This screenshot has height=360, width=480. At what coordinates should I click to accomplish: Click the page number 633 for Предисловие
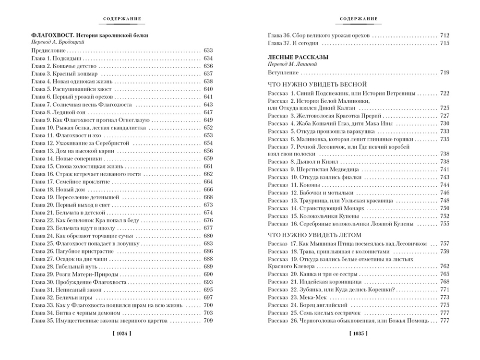coord(208,50)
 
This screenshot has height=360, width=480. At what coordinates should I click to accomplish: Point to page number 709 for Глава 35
coord(208,321)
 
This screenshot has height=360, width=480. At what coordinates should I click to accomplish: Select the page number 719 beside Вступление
coord(444,72)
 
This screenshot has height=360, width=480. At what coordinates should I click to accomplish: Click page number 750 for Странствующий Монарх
coord(444,208)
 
